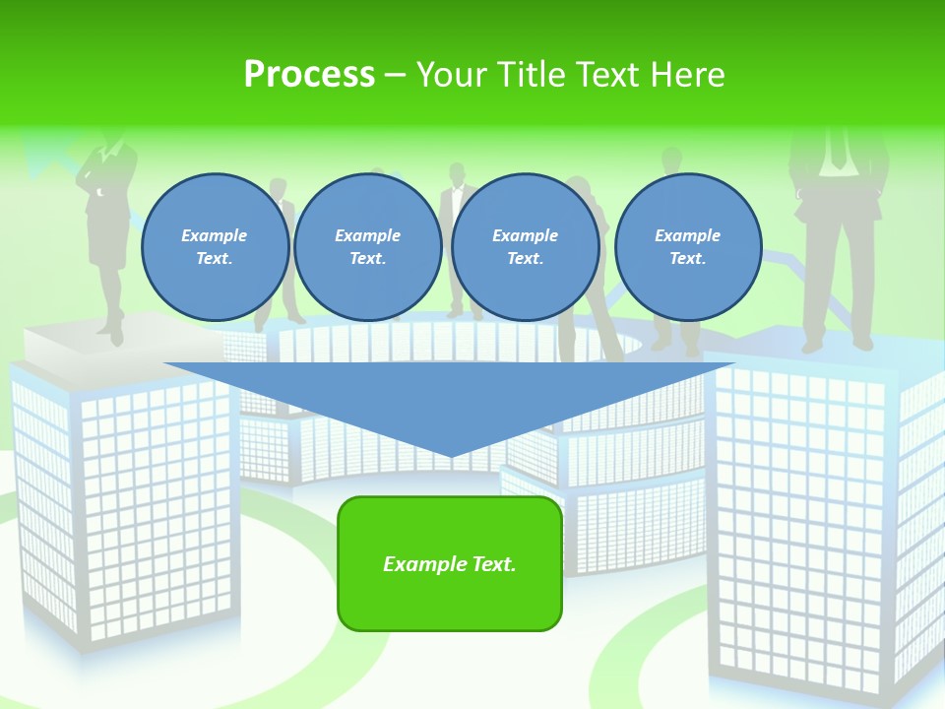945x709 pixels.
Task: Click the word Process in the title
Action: tap(309, 75)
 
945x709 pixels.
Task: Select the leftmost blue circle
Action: tap(215, 247)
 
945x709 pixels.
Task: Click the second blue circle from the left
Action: tap(367, 247)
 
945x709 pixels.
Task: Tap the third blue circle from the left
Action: tap(525, 247)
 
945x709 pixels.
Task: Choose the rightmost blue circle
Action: tap(687, 247)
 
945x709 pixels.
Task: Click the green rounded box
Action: tap(450, 563)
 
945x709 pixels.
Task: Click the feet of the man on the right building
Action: tap(837, 345)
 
